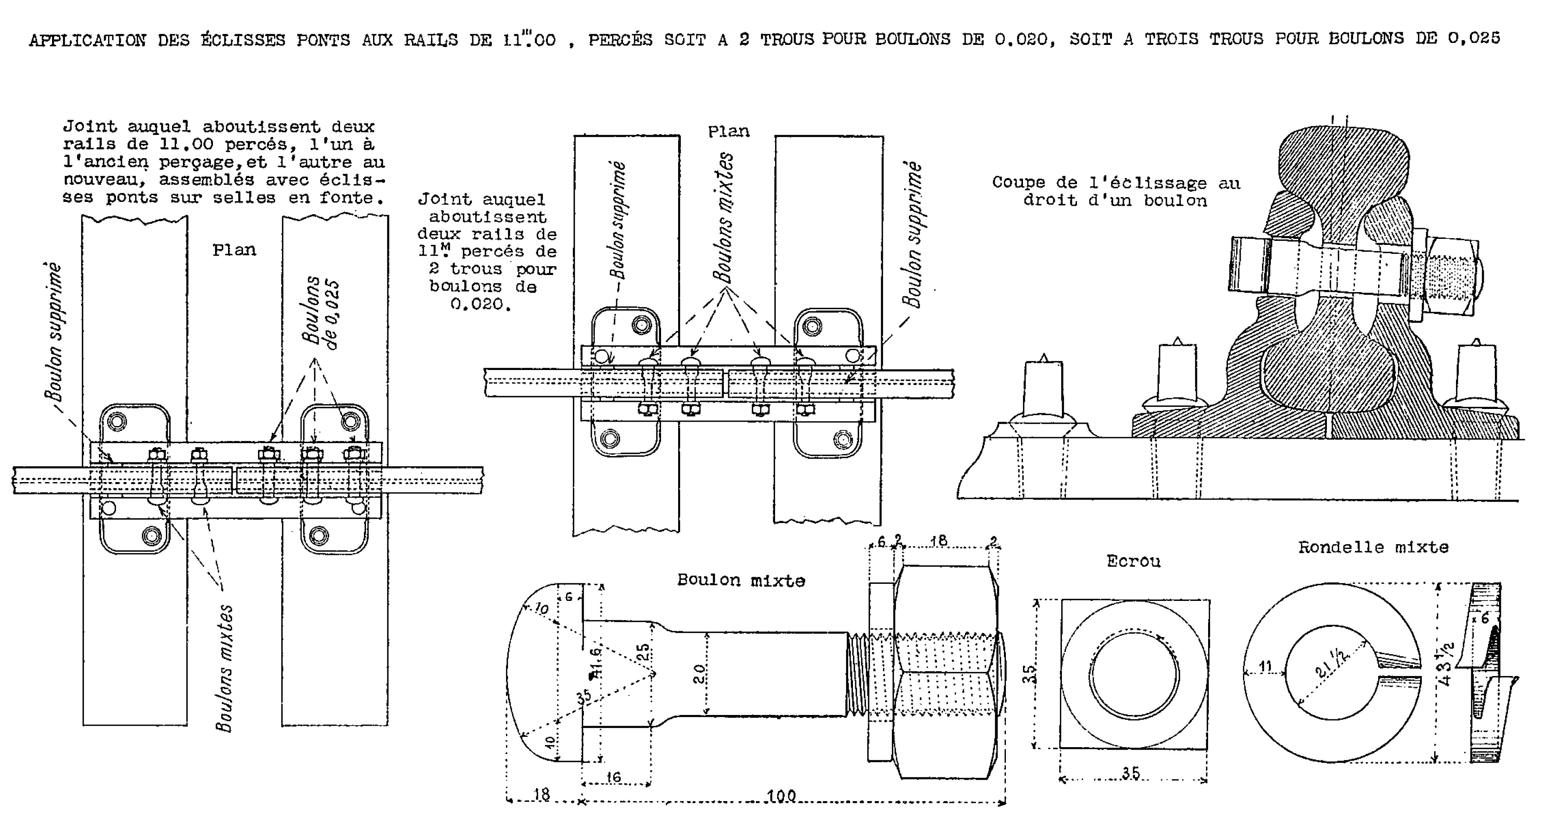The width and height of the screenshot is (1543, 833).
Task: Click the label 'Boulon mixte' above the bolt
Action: [x=741, y=580]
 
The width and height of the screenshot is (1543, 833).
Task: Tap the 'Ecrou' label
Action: [x=1133, y=562]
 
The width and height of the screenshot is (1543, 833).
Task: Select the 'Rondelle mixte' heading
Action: [x=1373, y=547]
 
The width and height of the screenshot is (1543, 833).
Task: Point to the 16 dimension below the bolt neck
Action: [x=613, y=777]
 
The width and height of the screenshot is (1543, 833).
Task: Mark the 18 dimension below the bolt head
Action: [x=541, y=794]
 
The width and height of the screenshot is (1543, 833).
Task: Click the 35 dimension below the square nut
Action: [x=1131, y=773]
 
